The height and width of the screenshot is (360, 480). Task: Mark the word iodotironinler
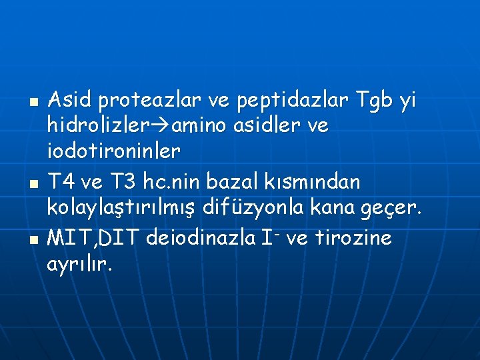(x=113, y=151)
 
